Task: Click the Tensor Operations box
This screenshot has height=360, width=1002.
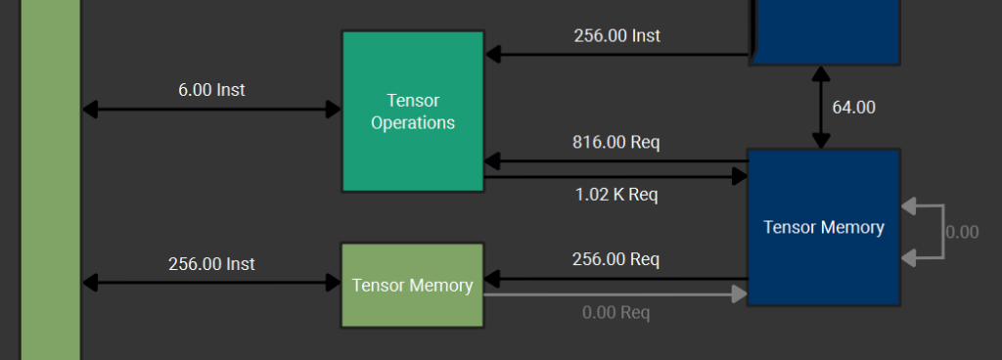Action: [412, 112]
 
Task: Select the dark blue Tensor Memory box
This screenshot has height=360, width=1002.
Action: [823, 227]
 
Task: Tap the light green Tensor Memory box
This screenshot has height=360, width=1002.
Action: [412, 285]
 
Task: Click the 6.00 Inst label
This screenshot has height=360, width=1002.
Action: [211, 90]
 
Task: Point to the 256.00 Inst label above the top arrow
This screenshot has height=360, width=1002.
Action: [616, 36]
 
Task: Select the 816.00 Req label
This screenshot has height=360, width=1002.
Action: [615, 143]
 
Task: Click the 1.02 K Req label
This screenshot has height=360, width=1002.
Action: [615, 195]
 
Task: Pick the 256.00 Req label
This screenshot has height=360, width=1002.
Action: [615, 259]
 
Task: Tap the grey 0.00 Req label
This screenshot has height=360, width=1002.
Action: [615, 312]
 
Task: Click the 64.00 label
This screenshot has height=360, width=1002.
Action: [853, 108]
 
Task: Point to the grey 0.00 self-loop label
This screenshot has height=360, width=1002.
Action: [962, 233]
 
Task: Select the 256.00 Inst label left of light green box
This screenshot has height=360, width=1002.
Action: [211, 263]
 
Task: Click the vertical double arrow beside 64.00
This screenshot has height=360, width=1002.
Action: [820, 108]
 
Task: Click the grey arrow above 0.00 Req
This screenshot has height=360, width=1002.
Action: [615, 293]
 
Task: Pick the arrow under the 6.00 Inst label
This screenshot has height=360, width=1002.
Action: [211, 110]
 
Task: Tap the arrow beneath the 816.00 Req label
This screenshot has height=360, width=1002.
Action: [615, 160]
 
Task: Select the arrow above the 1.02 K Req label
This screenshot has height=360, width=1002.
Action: [615, 177]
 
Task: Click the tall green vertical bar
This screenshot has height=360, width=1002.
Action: [50, 180]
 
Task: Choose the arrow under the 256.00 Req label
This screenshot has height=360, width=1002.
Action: [615, 278]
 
